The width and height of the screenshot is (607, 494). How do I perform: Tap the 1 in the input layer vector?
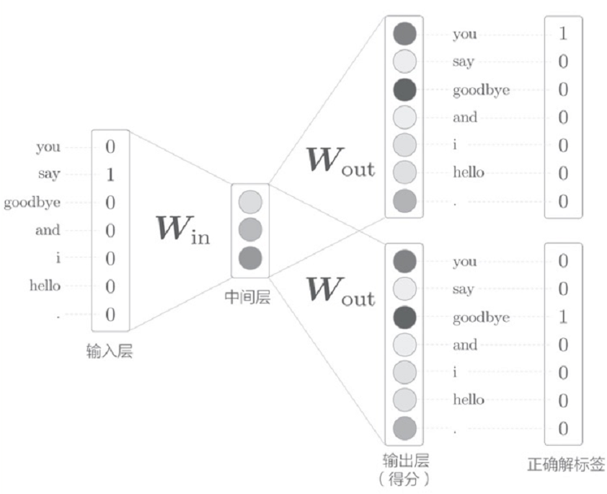tap(110, 175)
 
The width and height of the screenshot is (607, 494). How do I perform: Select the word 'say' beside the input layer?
tap(50, 174)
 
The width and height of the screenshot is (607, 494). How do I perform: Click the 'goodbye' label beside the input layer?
tap(32, 202)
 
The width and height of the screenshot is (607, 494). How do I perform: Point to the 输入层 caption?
tap(109, 353)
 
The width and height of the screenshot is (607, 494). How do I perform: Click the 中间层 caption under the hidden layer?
tap(247, 296)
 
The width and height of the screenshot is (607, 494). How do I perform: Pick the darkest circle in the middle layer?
tap(249, 257)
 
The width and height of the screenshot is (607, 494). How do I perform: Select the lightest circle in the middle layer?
tap(249, 201)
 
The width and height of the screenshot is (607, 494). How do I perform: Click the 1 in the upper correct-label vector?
tap(563, 34)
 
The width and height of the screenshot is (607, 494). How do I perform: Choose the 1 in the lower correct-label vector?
tap(563, 317)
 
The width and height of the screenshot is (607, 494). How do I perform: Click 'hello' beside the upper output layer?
tap(469, 172)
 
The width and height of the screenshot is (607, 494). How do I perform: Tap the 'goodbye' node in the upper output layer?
tap(405, 89)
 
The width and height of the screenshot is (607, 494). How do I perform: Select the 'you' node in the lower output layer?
tap(405, 261)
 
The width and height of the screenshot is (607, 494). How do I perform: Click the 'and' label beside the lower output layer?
tap(465, 345)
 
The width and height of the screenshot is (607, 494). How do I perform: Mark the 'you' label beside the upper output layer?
tap(465, 35)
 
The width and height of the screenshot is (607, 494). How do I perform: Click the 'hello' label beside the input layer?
tap(45, 286)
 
